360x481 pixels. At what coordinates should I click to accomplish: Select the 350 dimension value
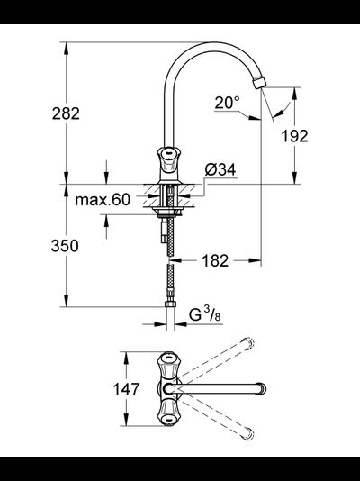[x=66, y=246]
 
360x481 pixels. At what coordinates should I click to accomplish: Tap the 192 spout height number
[x=293, y=136]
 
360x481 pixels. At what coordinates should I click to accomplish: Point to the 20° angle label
[x=228, y=103]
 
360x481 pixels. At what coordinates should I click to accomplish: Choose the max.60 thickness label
[x=103, y=199]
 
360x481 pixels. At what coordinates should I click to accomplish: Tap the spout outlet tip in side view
[x=261, y=85]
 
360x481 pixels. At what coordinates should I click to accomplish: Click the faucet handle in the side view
[x=168, y=162]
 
